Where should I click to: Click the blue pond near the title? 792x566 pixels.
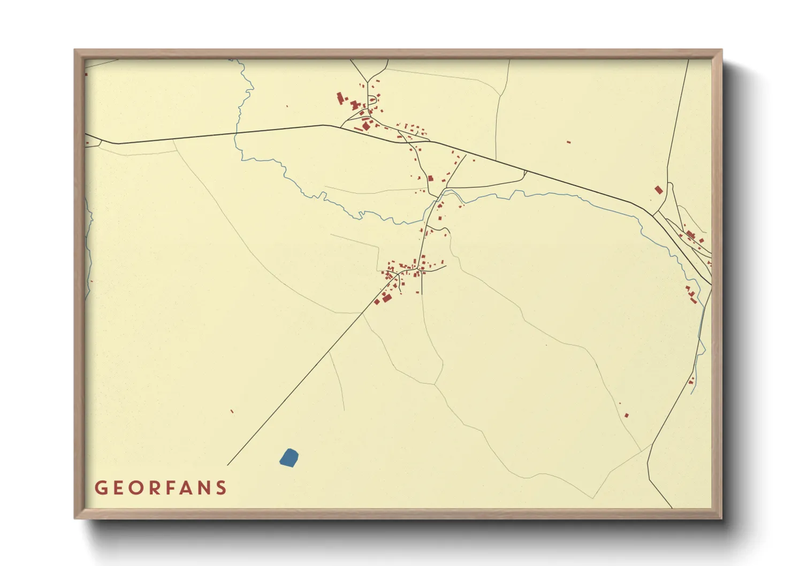(x=289, y=458)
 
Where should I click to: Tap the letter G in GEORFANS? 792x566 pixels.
(x=100, y=488)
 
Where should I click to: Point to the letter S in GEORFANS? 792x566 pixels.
(x=222, y=488)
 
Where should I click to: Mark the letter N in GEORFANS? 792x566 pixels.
(x=205, y=488)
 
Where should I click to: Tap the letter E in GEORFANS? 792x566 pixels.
(x=119, y=488)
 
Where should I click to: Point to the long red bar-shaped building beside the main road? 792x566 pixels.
(x=358, y=129)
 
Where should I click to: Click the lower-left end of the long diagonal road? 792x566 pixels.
(x=229, y=464)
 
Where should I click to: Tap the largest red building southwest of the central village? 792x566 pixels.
(x=387, y=298)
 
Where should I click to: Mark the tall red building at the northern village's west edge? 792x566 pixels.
(x=339, y=98)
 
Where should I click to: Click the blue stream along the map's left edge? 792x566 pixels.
(x=89, y=235)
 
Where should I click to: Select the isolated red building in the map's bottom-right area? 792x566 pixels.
(x=626, y=415)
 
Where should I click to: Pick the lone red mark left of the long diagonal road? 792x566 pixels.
(x=232, y=411)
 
